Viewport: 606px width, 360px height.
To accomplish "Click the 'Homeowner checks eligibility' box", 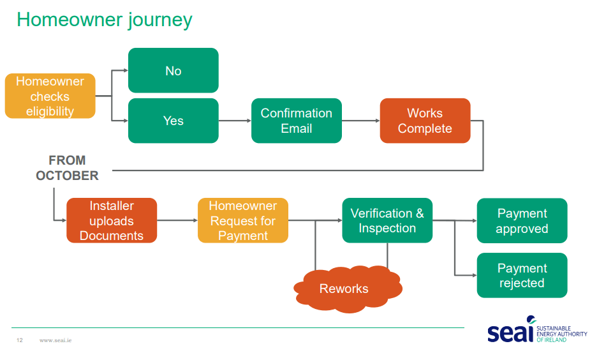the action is pyautogui.click(x=50, y=96).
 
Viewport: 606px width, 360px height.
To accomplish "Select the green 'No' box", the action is pyautogui.click(x=173, y=70).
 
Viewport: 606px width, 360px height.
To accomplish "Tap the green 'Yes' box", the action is pyautogui.click(x=173, y=121).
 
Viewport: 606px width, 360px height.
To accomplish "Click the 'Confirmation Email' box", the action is pyautogui.click(x=297, y=121).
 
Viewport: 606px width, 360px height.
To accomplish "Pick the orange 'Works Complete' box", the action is pyautogui.click(x=425, y=121).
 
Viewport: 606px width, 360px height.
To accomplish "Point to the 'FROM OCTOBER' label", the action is pyautogui.click(x=67, y=168).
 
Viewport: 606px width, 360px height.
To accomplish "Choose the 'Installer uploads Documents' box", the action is pyautogui.click(x=112, y=220).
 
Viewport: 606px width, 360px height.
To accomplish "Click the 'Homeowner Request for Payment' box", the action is pyautogui.click(x=243, y=220).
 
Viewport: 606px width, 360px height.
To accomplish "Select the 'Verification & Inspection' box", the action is pyautogui.click(x=387, y=220).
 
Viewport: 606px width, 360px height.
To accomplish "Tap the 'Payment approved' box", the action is pyautogui.click(x=522, y=221).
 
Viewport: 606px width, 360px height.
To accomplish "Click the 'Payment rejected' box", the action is pyautogui.click(x=522, y=275).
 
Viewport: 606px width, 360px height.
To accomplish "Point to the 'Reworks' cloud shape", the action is pyautogui.click(x=348, y=289).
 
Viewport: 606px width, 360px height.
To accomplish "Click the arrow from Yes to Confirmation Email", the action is pyautogui.click(x=235, y=121).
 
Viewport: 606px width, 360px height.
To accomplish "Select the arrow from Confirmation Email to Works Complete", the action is pyautogui.click(x=361, y=121).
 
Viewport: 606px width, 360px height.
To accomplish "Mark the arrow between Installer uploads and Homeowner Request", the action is pyautogui.click(x=177, y=220).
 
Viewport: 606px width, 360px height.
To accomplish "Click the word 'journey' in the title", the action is pyautogui.click(x=160, y=20).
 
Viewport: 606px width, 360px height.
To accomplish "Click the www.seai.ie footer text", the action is pyautogui.click(x=55, y=340).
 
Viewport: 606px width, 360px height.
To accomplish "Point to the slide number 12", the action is pyautogui.click(x=20, y=340).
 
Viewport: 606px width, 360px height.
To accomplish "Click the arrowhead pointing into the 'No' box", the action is pyautogui.click(x=126, y=70).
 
